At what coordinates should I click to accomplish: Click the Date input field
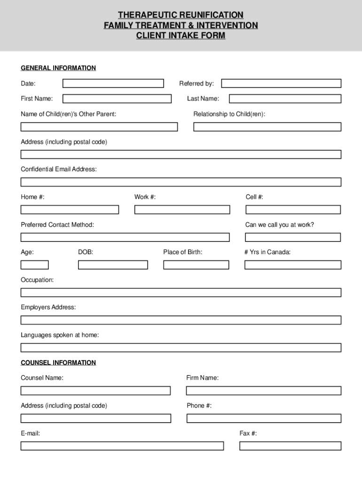coord(113,84)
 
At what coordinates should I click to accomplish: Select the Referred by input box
coord(281,84)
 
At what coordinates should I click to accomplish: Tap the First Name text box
coord(117,99)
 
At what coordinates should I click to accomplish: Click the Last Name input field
coord(285,99)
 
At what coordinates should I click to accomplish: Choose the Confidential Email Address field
coord(181,182)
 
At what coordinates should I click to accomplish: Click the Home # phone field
coord(70,209)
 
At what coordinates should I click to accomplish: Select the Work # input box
coord(182,209)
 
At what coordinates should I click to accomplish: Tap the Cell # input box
coord(293,209)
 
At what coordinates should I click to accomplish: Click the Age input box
coord(34,265)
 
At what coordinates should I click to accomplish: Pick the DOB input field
coord(113,265)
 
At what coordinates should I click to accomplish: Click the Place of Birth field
coord(196,265)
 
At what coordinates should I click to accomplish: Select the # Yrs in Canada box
coord(293,265)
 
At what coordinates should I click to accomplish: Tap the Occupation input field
coord(181,293)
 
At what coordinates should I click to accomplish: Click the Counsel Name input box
coord(95,391)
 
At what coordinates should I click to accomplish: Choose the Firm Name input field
coord(264,391)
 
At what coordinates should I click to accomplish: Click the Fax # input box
coord(290,446)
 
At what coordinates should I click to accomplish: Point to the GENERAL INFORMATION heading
coord(58,68)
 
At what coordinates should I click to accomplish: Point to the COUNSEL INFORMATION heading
coord(58,363)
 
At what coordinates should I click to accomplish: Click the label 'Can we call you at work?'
coord(279,225)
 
